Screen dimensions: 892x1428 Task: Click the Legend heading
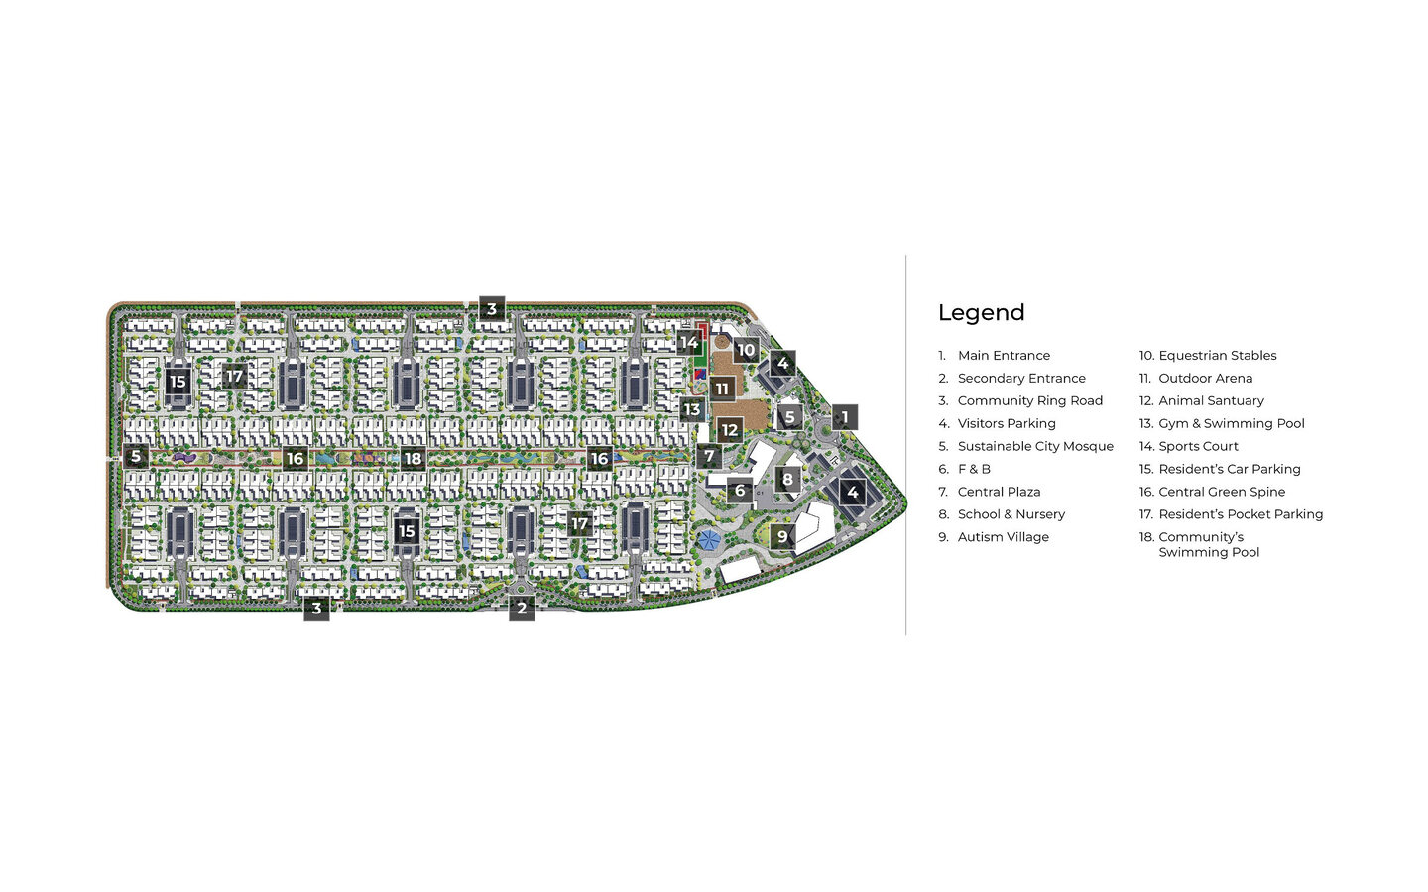click(981, 313)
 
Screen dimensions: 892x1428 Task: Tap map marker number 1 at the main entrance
click(845, 417)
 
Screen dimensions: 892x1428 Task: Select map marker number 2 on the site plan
click(522, 609)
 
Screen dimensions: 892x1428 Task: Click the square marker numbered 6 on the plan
click(739, 490)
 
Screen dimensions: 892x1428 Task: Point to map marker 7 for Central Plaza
click(708, 457)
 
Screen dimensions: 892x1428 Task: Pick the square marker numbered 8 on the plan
click(787, 480)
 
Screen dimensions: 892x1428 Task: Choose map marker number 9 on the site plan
click(782, 537)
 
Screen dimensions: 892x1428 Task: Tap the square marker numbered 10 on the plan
click(746, 349)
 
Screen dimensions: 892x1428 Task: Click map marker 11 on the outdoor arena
click(722, 389)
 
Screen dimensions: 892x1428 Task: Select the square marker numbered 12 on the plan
click(730, 430)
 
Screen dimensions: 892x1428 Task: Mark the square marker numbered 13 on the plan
click(691, 409)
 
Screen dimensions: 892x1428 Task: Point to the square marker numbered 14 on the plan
click(688, 343)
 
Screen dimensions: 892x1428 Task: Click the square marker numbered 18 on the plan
click(413, 459)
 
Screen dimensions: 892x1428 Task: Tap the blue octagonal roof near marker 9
click(708, 540)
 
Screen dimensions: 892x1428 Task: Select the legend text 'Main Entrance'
click(1004, 356)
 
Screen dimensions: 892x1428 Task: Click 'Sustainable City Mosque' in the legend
click(1035, 447)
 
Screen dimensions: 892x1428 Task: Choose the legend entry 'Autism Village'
click(1003, 537)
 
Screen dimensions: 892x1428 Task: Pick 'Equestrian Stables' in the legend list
click(1217, 356)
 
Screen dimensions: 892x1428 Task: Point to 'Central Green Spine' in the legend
click(1221, 492)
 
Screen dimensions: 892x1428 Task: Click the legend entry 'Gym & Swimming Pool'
click(1231, 424)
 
